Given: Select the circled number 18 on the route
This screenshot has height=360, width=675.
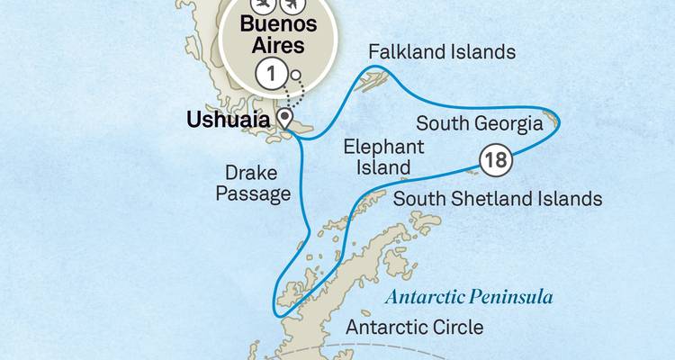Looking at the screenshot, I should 496,161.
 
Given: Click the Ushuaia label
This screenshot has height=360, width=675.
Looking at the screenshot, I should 230,119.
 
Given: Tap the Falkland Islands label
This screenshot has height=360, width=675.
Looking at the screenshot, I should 441,52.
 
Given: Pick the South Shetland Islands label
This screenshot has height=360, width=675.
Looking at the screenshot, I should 498,197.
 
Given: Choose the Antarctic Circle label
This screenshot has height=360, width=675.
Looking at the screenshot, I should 415,327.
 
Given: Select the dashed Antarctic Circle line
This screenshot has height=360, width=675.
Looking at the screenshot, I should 504,346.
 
